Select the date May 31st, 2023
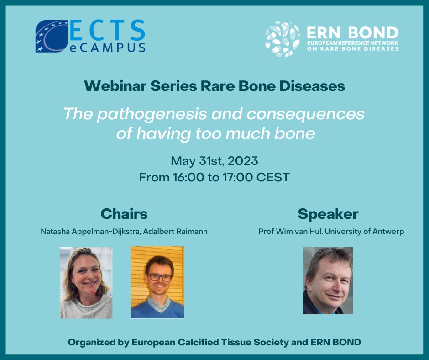pyautogui.click(x=214, y=161)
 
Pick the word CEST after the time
pyautogui.click(x=272, y=177)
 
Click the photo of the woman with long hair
pyautogui.click(x=86, y=282)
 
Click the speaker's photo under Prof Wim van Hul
pyautogui.click(x=328, y=280)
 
